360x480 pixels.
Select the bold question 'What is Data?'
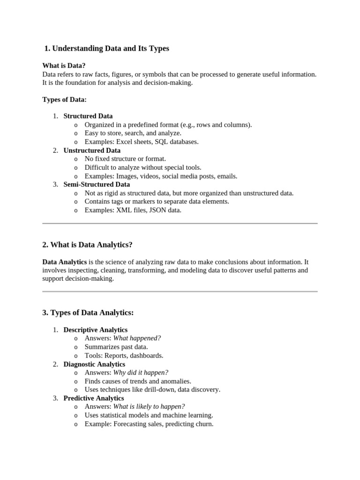[64, 66]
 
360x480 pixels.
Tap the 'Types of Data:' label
[64, 99]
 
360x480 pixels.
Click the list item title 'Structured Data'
[88, 116]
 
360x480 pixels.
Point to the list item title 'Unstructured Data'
[92, 150]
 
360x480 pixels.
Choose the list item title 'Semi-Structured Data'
[97, 184]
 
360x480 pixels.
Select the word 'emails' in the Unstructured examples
[226, 176]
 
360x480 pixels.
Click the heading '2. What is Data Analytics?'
[87, 245]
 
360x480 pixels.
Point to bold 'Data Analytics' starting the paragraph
[64, 262]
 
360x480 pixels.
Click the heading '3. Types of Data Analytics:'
[88, 313]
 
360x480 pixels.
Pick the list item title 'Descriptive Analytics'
[95, 330]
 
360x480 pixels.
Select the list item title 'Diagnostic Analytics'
[94, 364]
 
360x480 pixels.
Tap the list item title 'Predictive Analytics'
[94, 398]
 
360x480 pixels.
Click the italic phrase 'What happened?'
[137, 338]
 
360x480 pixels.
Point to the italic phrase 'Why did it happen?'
[141, 373]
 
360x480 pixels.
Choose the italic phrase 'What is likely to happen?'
[149, 406]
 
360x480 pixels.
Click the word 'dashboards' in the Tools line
[147, 355]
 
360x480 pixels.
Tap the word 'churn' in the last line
[204, 424]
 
